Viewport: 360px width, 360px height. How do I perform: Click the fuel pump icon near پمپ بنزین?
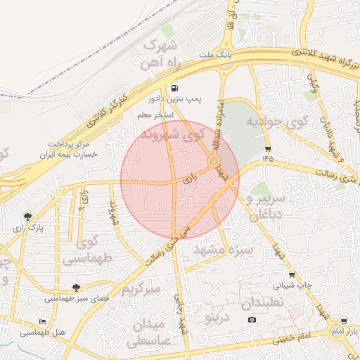point(173,89)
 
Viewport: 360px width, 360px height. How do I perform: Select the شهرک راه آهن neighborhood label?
point(160,53)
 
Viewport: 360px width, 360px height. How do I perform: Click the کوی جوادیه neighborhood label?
point(277,122)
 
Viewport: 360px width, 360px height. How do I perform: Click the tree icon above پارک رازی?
point(27,217)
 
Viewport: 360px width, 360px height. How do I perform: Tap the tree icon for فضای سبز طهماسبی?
point(75,288)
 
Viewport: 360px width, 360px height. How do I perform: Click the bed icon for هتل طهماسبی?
point(43,321)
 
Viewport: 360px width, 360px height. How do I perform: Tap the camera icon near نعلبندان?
point(252,321)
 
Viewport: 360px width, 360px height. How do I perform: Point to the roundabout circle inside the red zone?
point(213,162)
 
